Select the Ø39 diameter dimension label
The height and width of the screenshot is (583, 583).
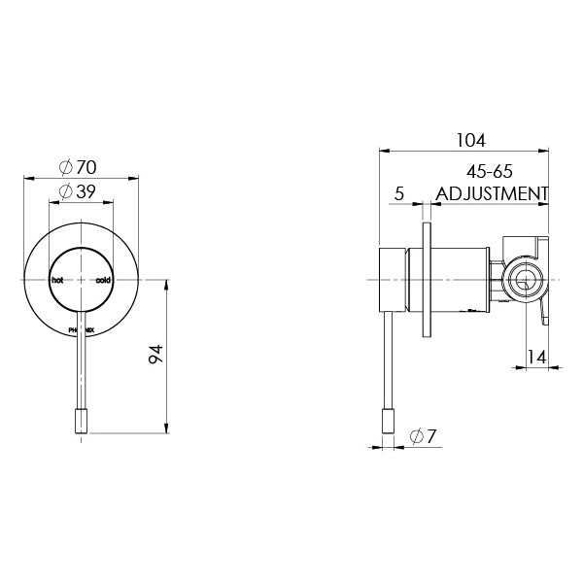click(x=81, y=191)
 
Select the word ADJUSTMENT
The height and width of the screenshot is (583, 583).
click(x=492, y=193)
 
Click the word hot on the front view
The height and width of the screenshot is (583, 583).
click(x=56, y=280)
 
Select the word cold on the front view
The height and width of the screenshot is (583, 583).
click(x=103, y=280)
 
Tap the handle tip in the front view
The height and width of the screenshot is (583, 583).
click(x=81, y=424)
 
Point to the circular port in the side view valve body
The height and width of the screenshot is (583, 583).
click(x=524, y=282)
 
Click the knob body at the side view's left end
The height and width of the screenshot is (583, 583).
click(x=392, y=280)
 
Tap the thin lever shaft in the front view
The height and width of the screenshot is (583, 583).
click(x=81, y=369)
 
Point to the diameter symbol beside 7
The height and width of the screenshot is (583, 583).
click(x=415, y=436)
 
